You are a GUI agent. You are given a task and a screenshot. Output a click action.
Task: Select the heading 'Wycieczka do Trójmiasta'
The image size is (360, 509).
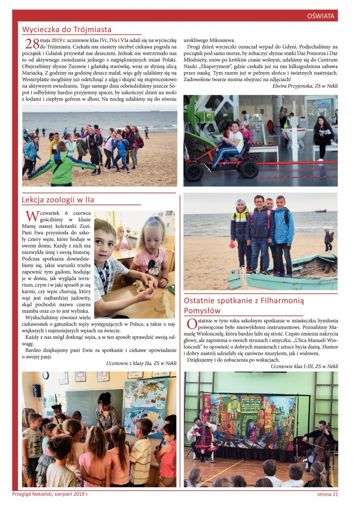coord(67,30)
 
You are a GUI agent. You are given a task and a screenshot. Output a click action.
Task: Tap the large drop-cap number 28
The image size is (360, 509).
coord(32,43)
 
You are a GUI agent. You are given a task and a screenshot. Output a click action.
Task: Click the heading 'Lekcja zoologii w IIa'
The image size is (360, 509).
coord(58,200)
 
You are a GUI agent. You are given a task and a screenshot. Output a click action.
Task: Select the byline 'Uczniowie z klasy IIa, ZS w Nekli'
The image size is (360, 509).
coord(141,363)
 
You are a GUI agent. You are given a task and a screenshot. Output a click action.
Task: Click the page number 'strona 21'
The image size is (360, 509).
coord(324,494)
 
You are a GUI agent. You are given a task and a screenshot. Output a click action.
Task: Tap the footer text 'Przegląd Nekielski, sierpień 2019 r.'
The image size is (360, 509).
coord(50,494)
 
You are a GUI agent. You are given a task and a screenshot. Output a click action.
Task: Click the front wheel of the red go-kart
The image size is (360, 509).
coord(194,171)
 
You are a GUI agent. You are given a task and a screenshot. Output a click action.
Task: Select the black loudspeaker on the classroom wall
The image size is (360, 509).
coord(37,390)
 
